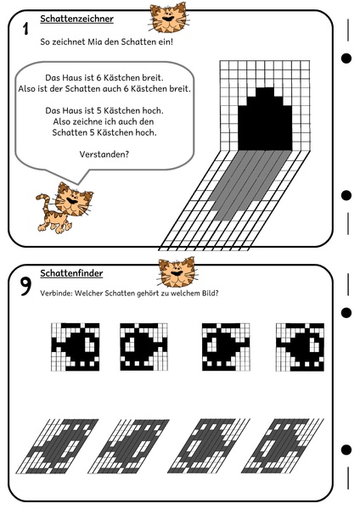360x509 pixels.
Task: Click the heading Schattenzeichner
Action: pos(77,19)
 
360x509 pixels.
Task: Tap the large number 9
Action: pos(26,288)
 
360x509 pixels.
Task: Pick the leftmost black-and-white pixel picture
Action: pos(75,346)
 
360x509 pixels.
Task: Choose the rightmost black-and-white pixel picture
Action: pos(300,346)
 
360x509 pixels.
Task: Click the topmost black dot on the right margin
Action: pos(346,59)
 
